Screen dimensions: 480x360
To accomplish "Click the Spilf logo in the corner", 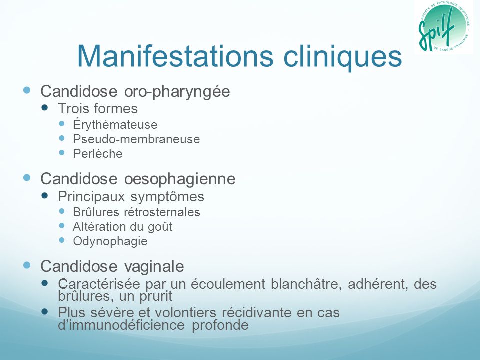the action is pos(443,26).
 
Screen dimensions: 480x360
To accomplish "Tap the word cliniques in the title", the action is pos(343,57).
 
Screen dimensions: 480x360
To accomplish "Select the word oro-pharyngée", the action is pos(177,91).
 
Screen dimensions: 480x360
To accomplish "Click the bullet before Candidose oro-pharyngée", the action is pos(27,90).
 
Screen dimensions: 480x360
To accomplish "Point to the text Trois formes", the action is pos(98,108).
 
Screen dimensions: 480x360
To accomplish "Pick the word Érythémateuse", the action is pos(115,124).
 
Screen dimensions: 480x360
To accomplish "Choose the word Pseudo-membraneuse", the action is pos(136,139).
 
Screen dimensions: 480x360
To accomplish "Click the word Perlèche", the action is pos(98,153).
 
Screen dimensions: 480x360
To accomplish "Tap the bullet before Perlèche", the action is pos(62,153).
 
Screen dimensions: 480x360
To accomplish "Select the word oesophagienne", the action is pos(180,179).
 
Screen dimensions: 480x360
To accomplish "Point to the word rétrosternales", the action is pos(162,212).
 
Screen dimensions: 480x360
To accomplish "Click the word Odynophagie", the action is pos(110,241).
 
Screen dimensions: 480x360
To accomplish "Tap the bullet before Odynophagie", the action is pos(62,240).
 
